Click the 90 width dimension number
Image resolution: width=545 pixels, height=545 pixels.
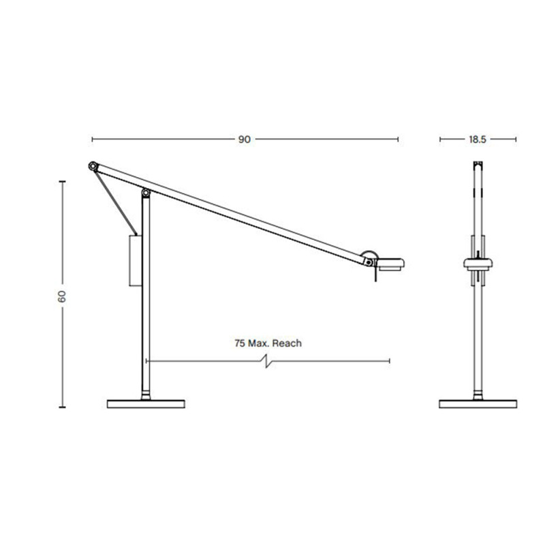click(x=244, y=140)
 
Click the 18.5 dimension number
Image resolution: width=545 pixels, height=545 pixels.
click(x=476, y=140)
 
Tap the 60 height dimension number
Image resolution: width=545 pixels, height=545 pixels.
click(x=62, y=296)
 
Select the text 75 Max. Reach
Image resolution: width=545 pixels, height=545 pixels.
click(x=267, y=343)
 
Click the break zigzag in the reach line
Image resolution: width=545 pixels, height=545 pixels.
click(x=268, y=360)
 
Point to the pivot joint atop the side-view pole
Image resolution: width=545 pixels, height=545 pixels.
click(x=146, y=194)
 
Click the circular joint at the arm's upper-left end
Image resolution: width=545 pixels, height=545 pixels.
click(x=93, y=166)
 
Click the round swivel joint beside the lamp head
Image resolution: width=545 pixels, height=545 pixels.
click(x=369, y=259)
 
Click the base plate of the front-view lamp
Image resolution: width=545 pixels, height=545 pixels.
click(x=478, y=403)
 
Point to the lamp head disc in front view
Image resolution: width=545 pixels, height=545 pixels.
click(x=478, y=262)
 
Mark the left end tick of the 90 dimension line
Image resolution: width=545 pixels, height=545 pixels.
click(x=92, y=140)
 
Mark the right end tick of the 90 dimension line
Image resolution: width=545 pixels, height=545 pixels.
click(x=398, y=140)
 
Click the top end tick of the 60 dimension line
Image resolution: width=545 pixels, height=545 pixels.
click(x=62, y=182)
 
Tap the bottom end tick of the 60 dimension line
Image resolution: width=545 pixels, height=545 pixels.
click(x=62, y=407)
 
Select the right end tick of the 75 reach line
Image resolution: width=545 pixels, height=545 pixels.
click(x=389, y=360)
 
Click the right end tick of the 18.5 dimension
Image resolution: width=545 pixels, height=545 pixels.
click(x=516, y=140)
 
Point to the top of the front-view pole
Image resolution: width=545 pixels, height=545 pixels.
click(x=478, y=164)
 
